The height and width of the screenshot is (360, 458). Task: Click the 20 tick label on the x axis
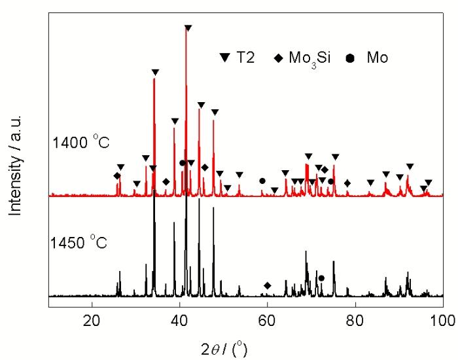pyautogui.click(x=92, y=320)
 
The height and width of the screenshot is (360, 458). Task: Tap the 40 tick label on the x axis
pyautogui.click(x=179, y=320)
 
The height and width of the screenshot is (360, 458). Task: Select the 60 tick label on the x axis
pyautogui.click(x=267, y=320)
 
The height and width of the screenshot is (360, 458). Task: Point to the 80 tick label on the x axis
pyautogui.click(x=355, y=320)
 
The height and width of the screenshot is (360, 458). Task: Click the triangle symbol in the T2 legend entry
pyautogui.click(x=225, y=58)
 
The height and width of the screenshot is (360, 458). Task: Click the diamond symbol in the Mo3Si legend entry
pyautogui.click(x=279, y=58)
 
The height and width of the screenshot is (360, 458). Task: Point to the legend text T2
pyautogui.click(x=245, y=58)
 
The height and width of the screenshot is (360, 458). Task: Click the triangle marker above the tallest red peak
pyautogui.click(x=188, y=28)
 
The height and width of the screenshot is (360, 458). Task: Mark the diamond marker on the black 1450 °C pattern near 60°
pyautogui.click(x=267, y=285)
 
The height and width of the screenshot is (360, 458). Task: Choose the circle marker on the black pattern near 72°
pyautogui.click(x=321, y=278)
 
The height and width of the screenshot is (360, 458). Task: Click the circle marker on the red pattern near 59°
pyautogui.click(x=262, y=181)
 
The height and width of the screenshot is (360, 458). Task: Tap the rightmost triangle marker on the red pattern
pyautogui.click(x=429, y=183)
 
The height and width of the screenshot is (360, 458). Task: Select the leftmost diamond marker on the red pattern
pyautogui.click(x=117, y=175)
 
